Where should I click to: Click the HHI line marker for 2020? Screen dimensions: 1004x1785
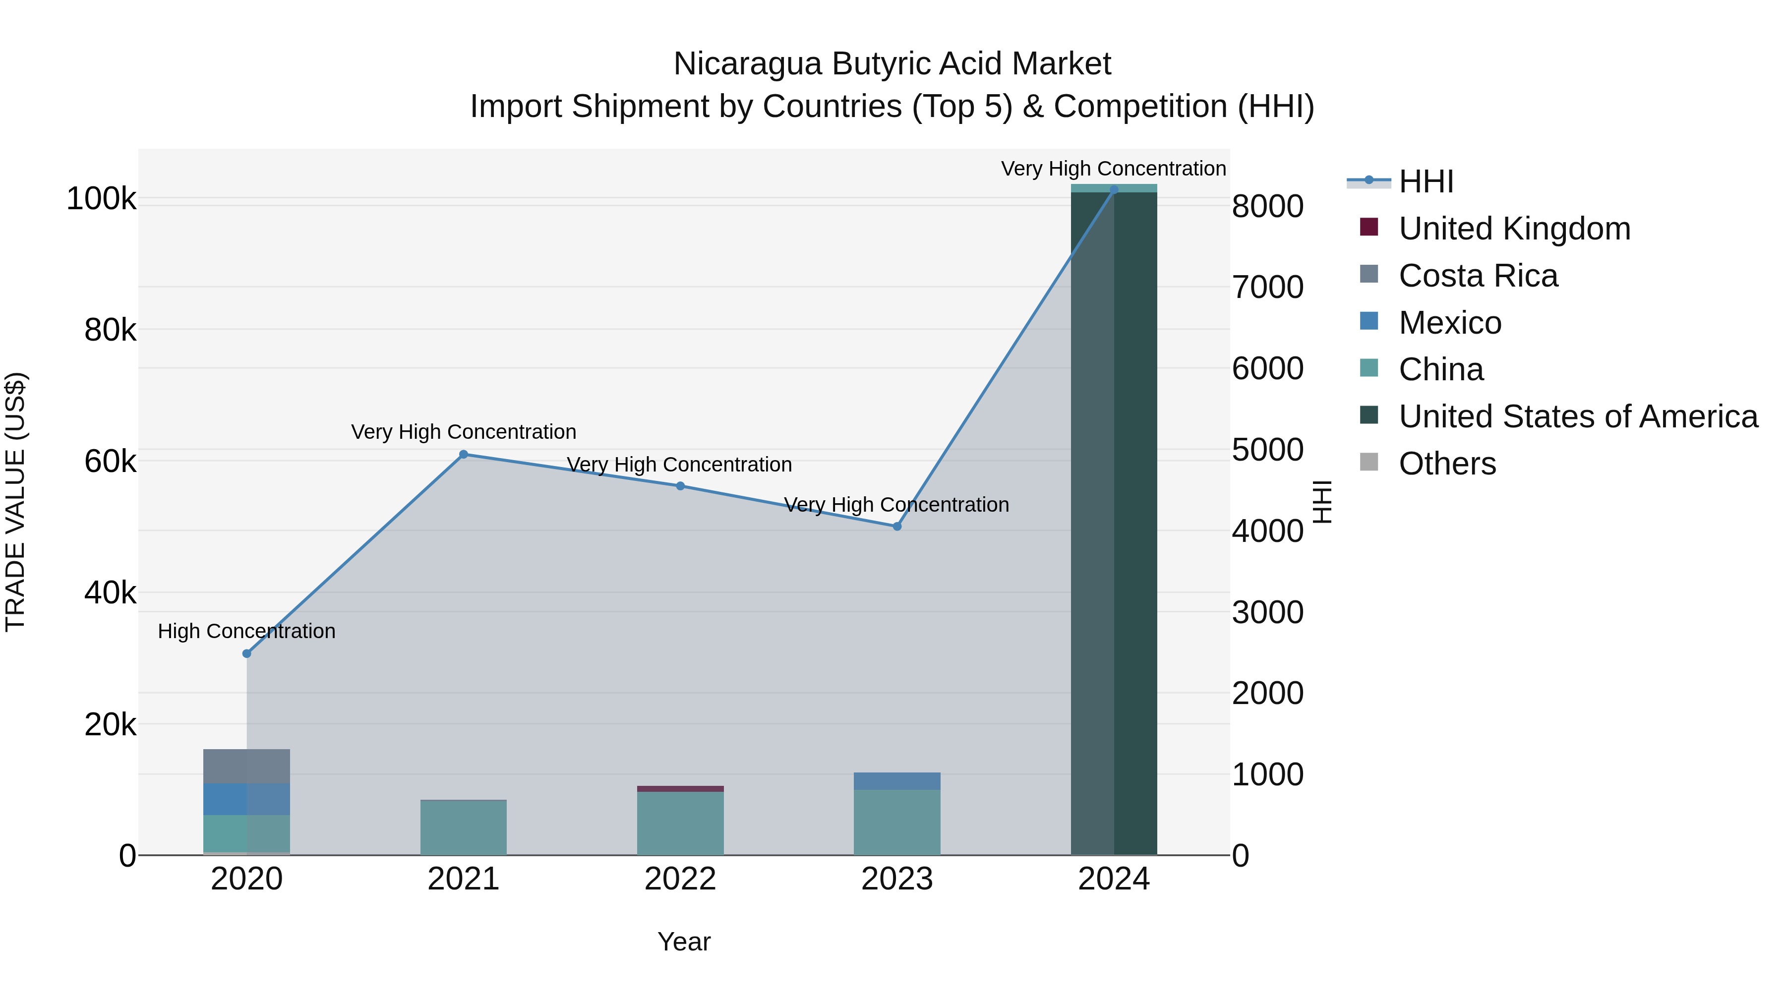pos(247,653)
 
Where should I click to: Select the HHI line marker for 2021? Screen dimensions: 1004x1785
pos(464,455)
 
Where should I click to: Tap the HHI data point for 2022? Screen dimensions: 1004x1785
pos(680,486)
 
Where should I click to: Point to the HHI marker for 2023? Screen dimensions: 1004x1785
pos(896,527)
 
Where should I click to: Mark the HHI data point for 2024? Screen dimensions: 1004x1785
pos(1114,190)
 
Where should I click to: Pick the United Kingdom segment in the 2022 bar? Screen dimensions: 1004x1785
pos(680,788)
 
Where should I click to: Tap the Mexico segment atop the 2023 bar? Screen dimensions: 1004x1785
pos(896,781)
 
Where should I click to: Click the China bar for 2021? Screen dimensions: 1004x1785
pos(464,828)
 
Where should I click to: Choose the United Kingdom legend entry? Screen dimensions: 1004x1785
pos(1514,229)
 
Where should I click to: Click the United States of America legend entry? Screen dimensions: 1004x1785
pos(1578,416)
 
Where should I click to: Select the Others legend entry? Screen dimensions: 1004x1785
pos(1447,464)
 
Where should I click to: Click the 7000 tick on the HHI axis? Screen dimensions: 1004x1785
pos(1267,288)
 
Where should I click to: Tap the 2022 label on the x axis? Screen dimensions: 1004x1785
pos(680,879)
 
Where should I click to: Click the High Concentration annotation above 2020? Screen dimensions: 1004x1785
pos(247,631)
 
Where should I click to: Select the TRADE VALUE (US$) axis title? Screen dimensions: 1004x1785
pos(15,502)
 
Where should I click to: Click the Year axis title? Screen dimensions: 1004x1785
pos(684,942)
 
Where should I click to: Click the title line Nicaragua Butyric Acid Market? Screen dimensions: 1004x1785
pos(892,64)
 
